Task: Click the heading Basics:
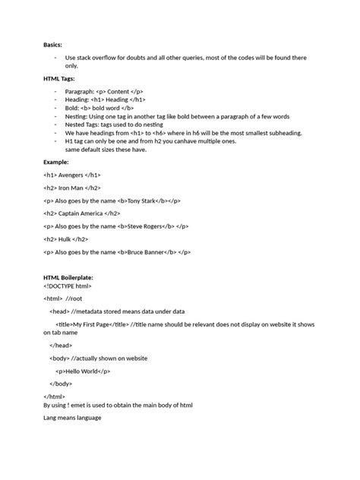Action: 53,46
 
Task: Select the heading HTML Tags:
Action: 59,78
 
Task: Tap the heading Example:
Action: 56,162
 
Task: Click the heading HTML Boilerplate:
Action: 68,278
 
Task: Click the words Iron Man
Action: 73,188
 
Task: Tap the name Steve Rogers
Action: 144,226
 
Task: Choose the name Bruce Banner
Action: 147,252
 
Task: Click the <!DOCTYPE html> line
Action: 68,286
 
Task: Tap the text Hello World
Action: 82,371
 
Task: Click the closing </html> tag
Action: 54,396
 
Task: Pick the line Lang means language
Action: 72,418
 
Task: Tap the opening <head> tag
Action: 59,311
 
